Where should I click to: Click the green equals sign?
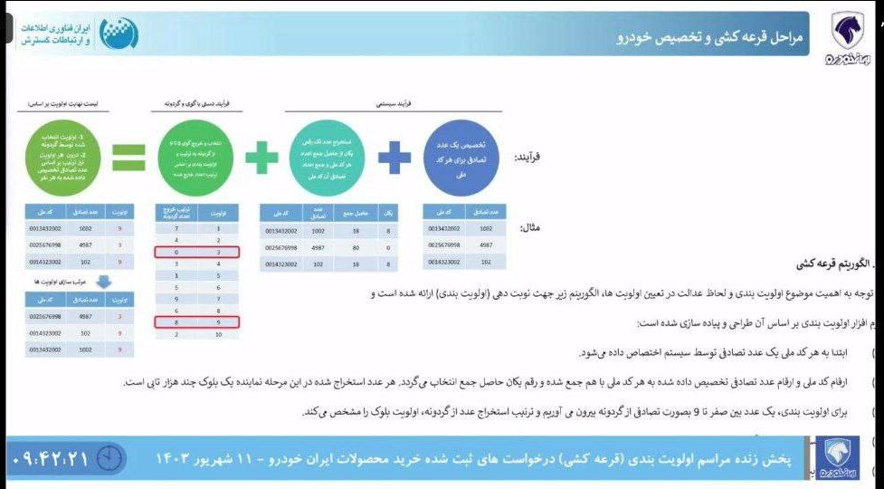[128, 158]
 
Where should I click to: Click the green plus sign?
[261, 158]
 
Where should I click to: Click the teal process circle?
[328, 158]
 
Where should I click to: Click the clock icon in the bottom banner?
[109, 457]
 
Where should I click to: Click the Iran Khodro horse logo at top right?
[848, 34]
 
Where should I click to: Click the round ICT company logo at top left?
[119, 34]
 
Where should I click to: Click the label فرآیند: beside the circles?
[528, 158]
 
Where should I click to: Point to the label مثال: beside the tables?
[531, 228]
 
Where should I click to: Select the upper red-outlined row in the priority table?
[198, 253]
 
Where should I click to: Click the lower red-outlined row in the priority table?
[198, 321]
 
